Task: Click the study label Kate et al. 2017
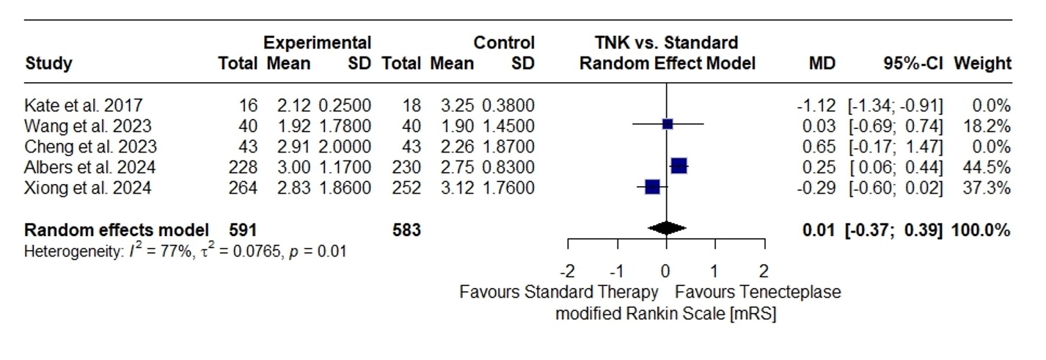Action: coord(84,104)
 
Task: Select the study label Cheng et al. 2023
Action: coord(91,146)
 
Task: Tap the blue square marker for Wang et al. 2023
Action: coord(668,124)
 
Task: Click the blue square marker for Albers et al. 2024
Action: coord(679,166)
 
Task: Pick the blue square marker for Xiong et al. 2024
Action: coord(652,187)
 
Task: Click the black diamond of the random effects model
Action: coord(667,229)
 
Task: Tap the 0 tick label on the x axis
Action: coord(666,269)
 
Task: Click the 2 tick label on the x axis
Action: coord(764,269)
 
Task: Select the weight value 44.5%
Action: coord(990,167)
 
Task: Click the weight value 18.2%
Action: coord(990,125)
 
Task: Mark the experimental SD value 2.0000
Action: coord(344,146)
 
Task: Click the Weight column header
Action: coord(982,63)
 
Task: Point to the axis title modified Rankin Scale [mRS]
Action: coord(665,314)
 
